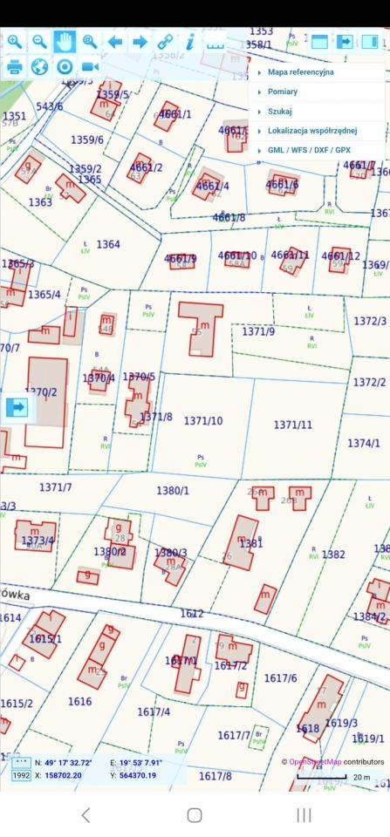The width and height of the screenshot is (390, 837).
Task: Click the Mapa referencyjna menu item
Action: [x=300, y=72]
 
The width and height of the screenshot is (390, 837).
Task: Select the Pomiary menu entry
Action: [x=283, y=92]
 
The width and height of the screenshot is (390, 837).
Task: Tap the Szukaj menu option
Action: [x=280, y=112]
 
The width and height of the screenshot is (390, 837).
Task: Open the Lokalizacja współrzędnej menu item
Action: [x=312, y=131]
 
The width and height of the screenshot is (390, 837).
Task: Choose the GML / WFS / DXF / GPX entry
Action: [x=309, y=151]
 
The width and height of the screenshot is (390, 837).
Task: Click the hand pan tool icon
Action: [x=65, y=41]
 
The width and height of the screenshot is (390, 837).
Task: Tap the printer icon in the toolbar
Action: [x=15, y=66]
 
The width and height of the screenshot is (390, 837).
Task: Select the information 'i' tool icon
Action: [x=189, y=41]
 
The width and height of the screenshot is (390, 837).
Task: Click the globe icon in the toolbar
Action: [x=39, y=66]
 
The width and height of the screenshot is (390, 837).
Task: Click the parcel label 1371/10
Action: [x=203, y=421]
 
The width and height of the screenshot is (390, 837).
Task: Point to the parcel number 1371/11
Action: [x=293, y=425]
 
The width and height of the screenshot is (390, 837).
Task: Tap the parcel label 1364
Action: [x=108, y=244]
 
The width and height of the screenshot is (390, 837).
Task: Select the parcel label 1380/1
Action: [x=173, y=491]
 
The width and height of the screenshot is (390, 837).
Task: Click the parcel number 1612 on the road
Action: [x=192, y=614]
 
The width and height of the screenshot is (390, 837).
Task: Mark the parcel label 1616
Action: [x=79, y=701]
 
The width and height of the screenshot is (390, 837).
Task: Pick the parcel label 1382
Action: [x=333, y=554]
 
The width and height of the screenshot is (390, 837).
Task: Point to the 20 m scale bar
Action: [x=323, y=776]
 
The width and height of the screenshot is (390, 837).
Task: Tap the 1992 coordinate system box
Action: [x=21, y=775]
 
